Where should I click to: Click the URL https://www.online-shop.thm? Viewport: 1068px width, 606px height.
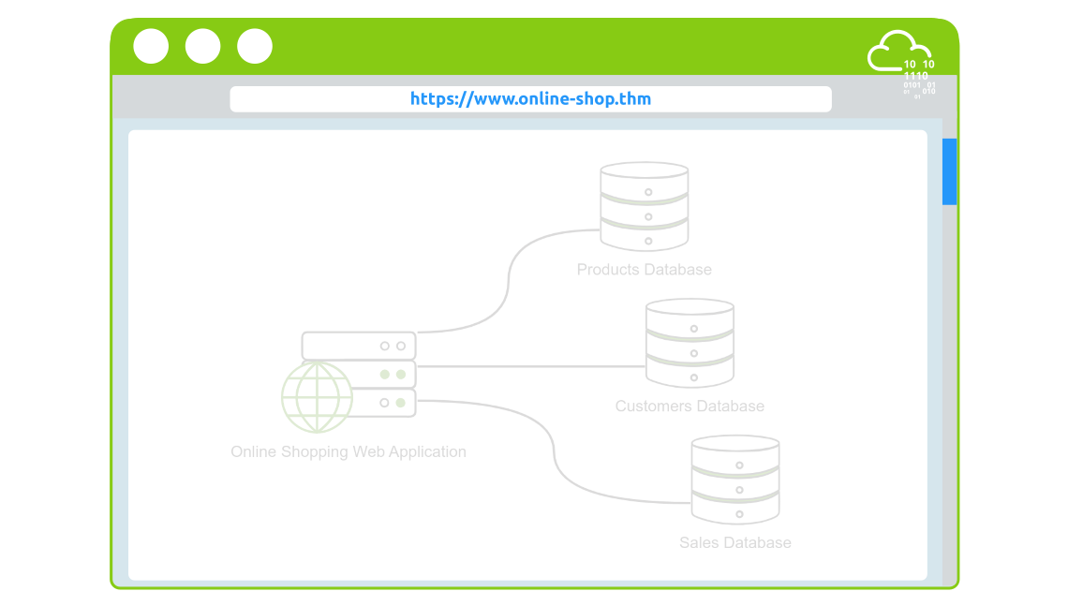tap(530, 99)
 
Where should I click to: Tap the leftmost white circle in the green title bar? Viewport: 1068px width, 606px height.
tap(151, 46)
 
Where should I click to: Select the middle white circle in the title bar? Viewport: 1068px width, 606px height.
tap(203, 46)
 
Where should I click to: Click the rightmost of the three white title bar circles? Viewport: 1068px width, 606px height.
tap(255, 46)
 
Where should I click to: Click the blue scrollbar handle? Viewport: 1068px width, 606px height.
tap(949, 171)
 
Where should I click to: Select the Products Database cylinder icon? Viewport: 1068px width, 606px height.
tap(645, 207)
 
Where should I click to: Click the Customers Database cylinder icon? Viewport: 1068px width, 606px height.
tap(690, 343)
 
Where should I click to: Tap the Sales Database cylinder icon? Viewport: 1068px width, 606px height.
tap(735, 479)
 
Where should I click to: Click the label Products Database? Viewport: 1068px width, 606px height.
tap(645, 270)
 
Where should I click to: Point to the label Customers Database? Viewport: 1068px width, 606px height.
tap(690, 406)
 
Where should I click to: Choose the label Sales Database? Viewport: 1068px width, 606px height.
tap(735, 543)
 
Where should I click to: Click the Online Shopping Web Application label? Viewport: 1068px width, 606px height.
tap(349, 452)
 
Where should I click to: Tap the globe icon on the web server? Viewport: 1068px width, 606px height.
tap(317, 397)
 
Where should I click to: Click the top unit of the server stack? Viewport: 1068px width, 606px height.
tap(359, 346)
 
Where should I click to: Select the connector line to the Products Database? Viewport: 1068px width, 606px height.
tap(509, 280)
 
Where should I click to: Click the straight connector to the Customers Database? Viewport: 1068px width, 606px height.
tap(529, 366)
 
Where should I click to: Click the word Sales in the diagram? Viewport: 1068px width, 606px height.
tap(699, 543)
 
